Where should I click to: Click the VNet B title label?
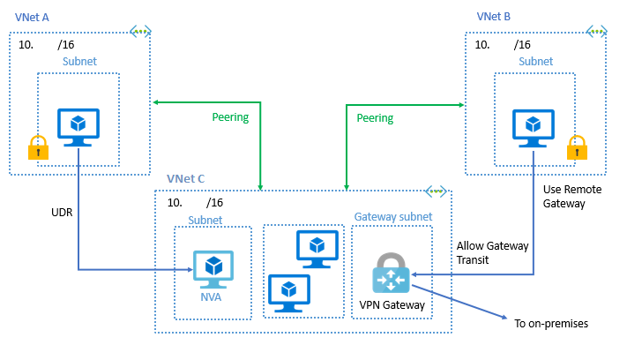tap(494, 17)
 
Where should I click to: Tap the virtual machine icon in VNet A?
tap(78, 128)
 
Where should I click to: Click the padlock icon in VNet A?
tap(37, 147)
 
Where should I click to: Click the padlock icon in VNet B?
tap(577, 147)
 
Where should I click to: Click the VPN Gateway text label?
tap(392, 305)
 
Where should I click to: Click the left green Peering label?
tap(230, 117)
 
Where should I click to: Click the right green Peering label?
tap(375, 117)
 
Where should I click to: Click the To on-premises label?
tap(550, 324)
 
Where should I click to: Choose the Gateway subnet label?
tap(392, 216)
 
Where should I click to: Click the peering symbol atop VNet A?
tap(142, 31)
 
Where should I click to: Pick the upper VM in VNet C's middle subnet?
tap(317, 248)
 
